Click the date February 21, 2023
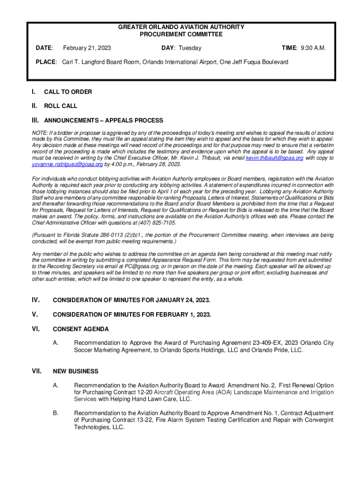87,48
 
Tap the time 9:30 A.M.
311,48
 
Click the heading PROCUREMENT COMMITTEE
181,34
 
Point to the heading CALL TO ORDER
68,92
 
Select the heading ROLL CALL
61,106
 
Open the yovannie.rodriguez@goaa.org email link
68,165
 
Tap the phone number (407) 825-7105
161,223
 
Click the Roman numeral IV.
36,300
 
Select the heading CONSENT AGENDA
81,329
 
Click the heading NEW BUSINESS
76,371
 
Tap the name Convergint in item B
317,420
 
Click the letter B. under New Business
56,414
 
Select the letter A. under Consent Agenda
56,343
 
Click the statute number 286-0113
94,235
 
